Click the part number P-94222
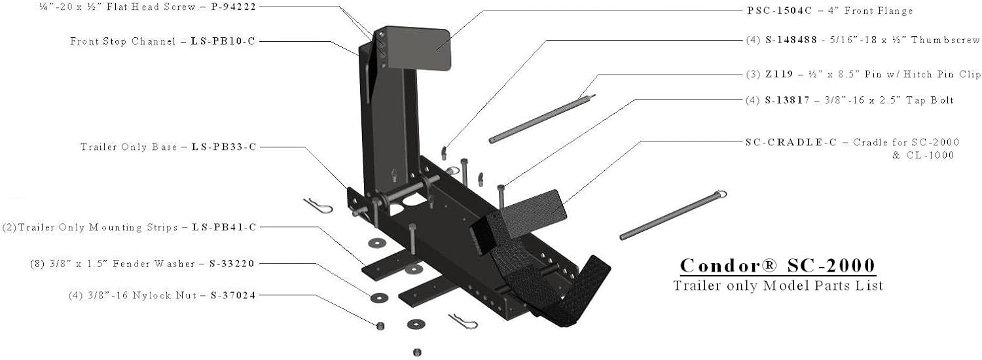(x=233, y=7)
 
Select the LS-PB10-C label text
(x=223, y=41)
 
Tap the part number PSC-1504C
(x=780, y=10)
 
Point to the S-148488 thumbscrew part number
(x=791, y=40)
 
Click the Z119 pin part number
(x=779, y=74)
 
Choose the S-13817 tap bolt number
(x=787, y=100)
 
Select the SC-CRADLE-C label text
(x=791, y=142)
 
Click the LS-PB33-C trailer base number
(x=224, y=147)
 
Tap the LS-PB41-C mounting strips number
(x=224, y=227)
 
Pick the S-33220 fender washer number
(x=232, y=264)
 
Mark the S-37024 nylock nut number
(x=233, y=296)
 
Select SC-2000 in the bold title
(x=831, y=265)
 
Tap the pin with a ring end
(x=674, y=215)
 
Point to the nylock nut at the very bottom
(x=418, y=352)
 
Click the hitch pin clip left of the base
(x=318, y=206)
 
